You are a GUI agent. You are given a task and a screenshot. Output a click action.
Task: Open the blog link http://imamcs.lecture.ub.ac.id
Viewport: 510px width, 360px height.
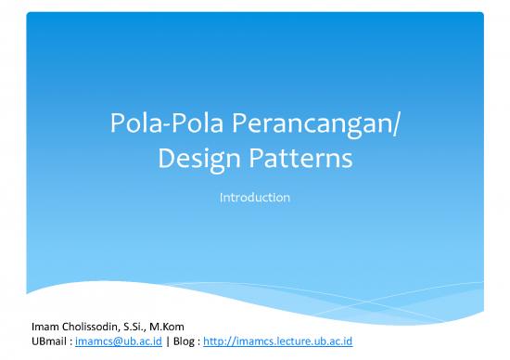(280, 341)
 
